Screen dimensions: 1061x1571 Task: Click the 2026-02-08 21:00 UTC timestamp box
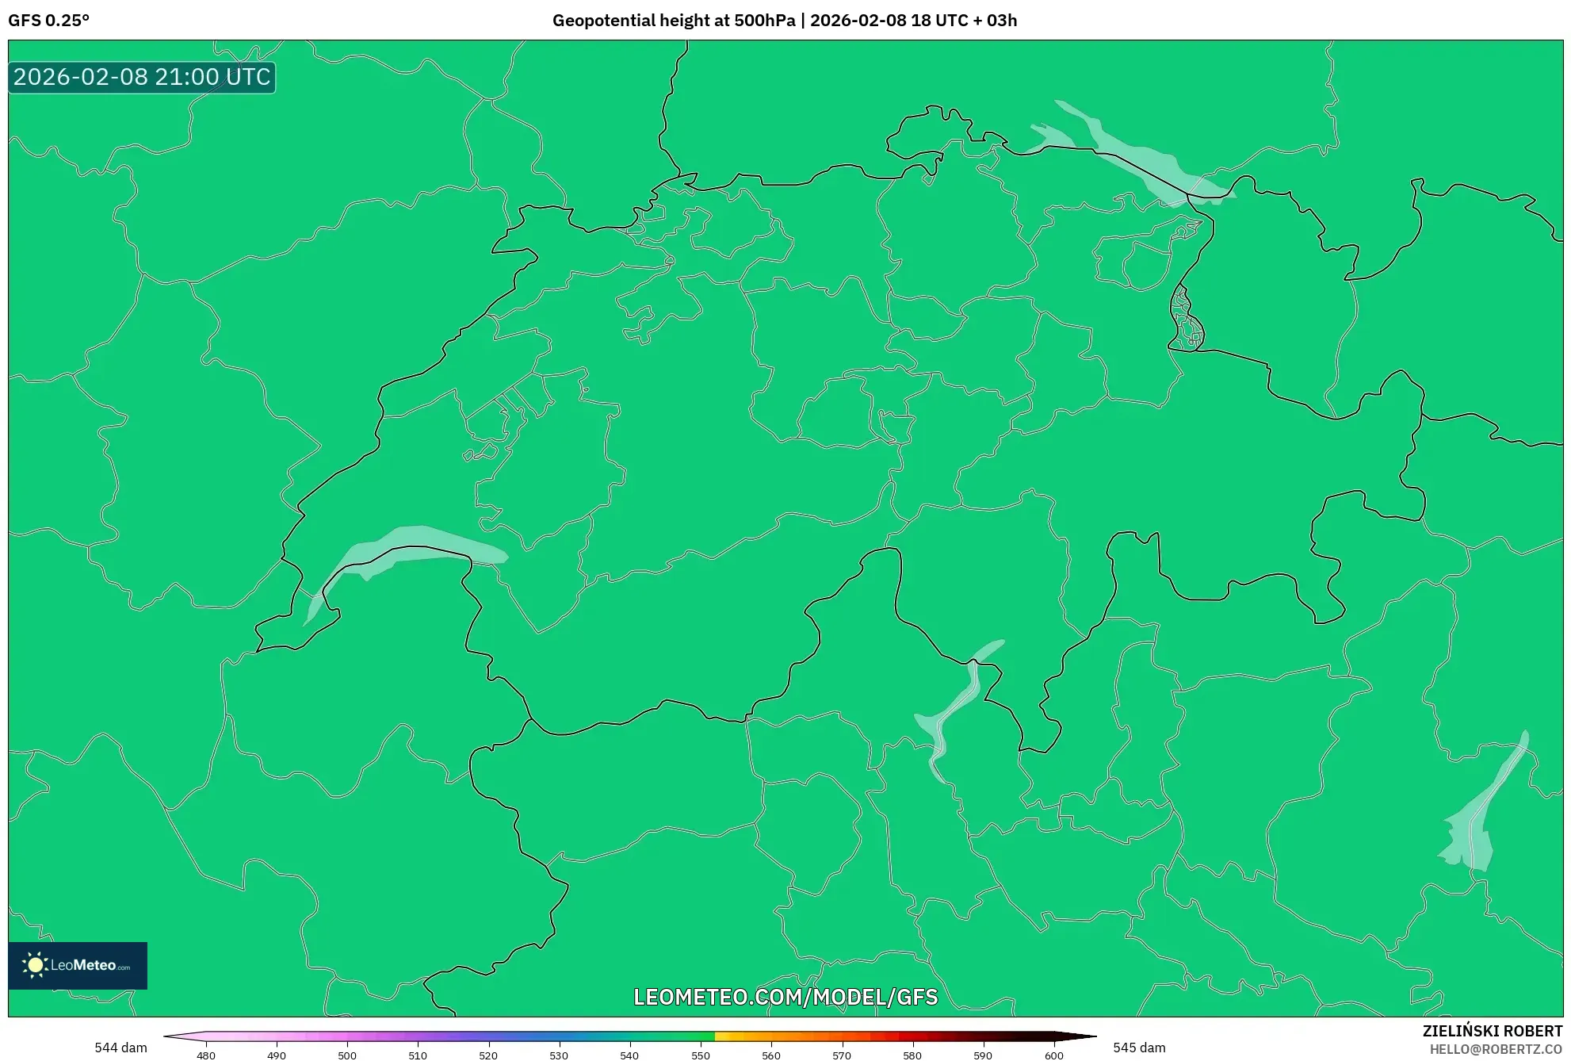142,77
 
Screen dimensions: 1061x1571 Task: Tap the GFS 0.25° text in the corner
48,21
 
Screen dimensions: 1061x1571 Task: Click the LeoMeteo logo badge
78,965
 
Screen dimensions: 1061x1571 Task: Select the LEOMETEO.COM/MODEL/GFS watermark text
785,997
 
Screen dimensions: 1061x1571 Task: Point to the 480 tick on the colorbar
206,1055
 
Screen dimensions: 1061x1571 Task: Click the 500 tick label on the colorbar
347,1055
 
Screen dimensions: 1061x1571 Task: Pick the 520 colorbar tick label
488,1055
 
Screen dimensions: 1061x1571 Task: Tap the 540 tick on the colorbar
629,1055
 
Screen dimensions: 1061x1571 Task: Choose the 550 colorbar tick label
701,1055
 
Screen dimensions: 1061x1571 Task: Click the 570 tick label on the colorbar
842,1055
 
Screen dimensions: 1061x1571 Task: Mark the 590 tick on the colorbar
983,1055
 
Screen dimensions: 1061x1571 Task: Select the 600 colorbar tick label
1054,1055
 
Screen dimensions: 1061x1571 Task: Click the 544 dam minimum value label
120,1048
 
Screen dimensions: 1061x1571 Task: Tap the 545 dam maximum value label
1139,1048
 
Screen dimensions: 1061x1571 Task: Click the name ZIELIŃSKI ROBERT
1493,1031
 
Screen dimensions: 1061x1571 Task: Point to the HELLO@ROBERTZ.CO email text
1496,1049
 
